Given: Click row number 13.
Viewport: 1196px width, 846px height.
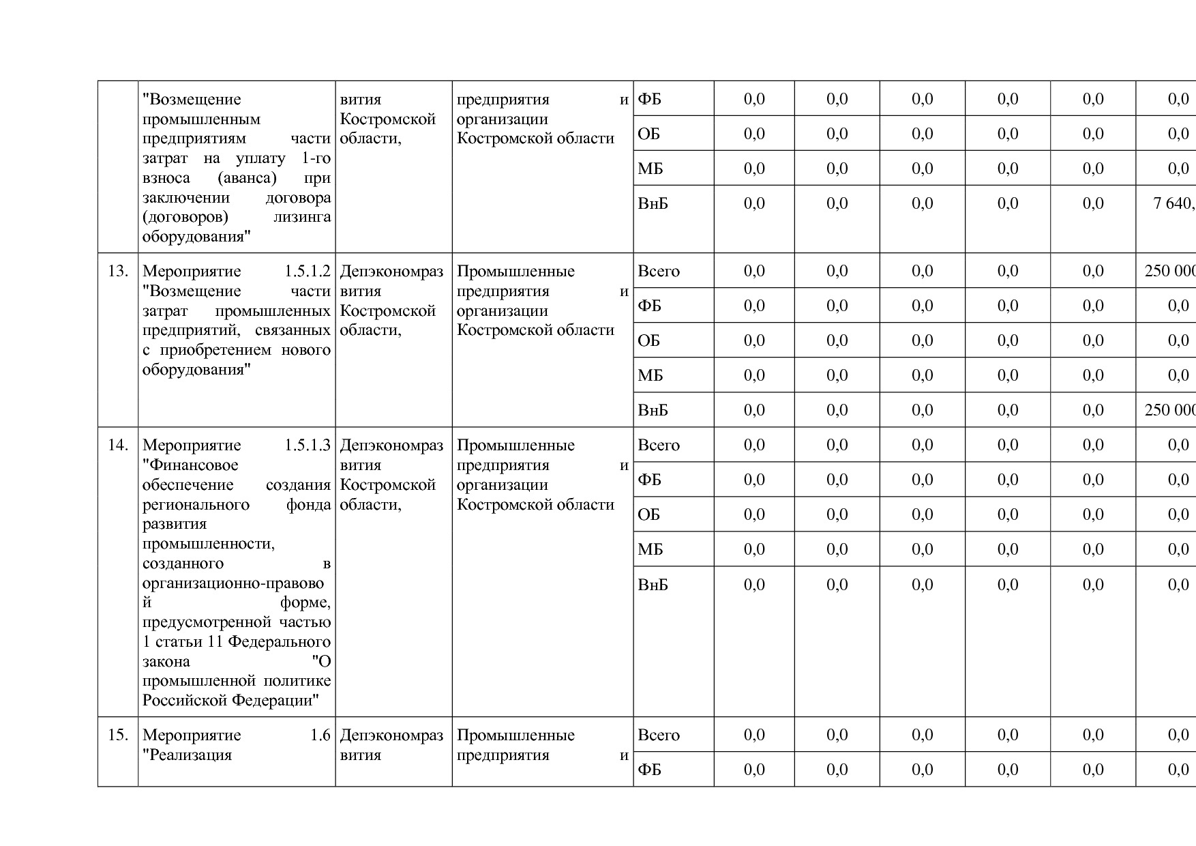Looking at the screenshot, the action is (118, 272).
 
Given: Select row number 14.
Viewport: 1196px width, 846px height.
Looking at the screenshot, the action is (118, 446).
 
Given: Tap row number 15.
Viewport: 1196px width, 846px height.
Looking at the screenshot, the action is (118, 735).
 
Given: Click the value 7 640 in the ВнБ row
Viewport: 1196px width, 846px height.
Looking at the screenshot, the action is (1173, 203).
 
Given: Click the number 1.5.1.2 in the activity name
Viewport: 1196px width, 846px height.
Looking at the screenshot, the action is (308, 272).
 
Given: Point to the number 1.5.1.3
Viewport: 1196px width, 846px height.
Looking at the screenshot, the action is (308, 446).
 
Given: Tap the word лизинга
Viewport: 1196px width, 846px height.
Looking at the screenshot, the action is (302, 217).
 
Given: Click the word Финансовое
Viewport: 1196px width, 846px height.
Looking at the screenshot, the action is (190, 465).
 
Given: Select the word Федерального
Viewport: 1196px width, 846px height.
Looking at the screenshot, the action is (279, 642).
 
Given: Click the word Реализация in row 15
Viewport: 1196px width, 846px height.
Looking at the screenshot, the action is (187, 755).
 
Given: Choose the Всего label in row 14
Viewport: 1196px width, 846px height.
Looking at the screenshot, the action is (658, 446).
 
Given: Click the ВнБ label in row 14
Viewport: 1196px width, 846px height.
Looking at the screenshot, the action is (653, 585).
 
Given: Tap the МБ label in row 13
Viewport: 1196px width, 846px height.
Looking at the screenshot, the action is (650, 375).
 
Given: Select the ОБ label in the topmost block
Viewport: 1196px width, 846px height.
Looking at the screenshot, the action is (648, 134).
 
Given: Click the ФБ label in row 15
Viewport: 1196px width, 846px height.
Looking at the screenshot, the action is (649, 770).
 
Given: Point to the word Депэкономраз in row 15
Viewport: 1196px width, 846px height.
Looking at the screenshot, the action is (391, 735).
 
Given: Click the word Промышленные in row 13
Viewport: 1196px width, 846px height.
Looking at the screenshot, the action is (515, 272).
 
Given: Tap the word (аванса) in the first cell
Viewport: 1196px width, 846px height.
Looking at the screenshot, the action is (247, 178).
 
